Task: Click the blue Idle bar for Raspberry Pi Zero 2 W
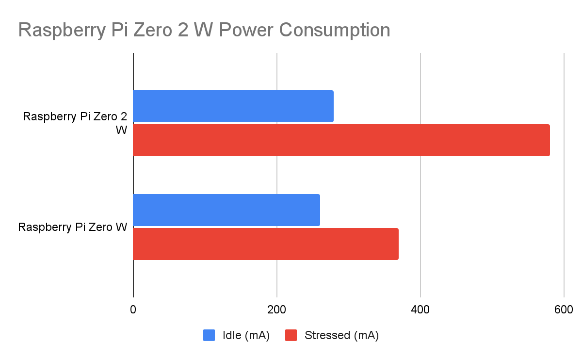(233, 106)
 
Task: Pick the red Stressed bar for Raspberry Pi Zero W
(266, 244)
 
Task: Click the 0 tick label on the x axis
(133, 310)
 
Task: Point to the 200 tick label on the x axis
(276, 310)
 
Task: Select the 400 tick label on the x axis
(420, 310)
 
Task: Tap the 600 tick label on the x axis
(564, 310)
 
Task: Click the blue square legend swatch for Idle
(209, 335)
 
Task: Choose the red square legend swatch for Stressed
(291, 335)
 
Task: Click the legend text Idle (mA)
(246, 335)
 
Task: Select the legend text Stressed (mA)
(341, 335)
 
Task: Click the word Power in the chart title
(248, 30)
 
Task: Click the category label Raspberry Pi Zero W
(73, 227)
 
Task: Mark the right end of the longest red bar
(549, 140)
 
